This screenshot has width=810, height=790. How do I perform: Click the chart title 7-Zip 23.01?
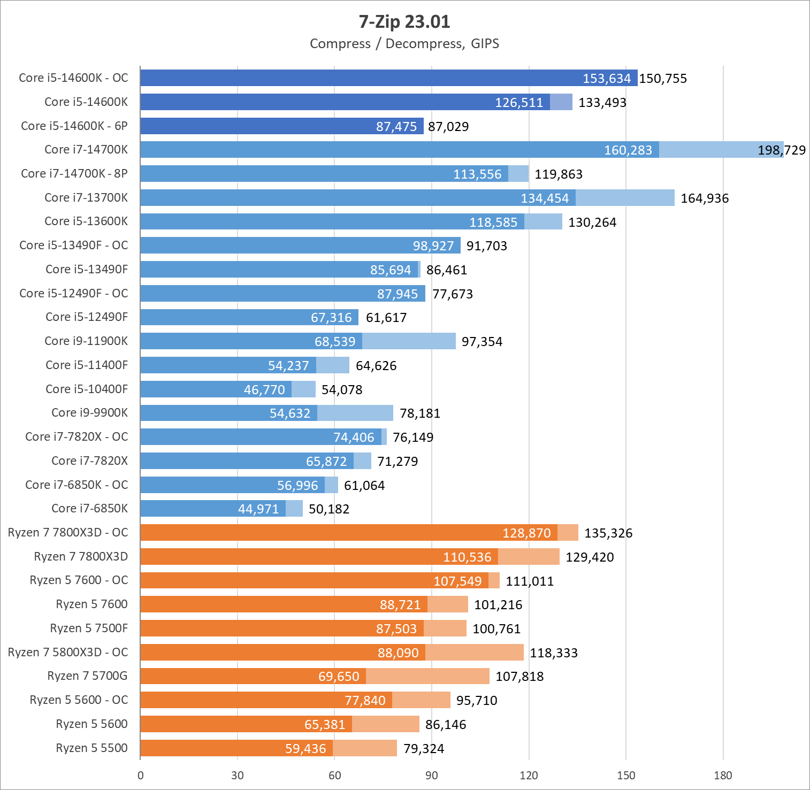(404, 22)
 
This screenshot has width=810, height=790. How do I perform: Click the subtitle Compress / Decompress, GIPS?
(404, 44)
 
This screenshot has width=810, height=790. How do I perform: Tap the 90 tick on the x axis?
(431, 776)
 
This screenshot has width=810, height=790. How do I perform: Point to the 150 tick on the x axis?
(625, 776)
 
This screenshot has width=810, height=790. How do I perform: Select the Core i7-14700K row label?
(86, 150)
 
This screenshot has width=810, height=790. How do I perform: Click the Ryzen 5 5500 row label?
(91, 748)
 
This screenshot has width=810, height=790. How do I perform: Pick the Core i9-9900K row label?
(89, 412)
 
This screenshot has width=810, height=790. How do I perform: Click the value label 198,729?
(781, 150)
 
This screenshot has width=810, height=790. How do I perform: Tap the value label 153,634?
(606, 79)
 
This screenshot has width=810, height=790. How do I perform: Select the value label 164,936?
(704, 198)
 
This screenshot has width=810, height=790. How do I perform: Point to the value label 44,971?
(258, 509)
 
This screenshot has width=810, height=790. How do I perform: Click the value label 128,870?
(526, 533)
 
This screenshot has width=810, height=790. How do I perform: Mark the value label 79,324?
(424, 749)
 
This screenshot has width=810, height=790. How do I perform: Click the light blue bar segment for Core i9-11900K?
(409, 341)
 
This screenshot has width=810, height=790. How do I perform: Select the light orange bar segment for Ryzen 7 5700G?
(427, 676)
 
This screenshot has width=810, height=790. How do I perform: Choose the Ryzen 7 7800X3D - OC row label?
(68, 533)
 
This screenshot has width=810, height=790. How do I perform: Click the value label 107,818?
(519, 677)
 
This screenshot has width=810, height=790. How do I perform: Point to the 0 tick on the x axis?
(141, 776)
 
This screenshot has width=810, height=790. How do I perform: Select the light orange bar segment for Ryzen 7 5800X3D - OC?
(474, 653)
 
